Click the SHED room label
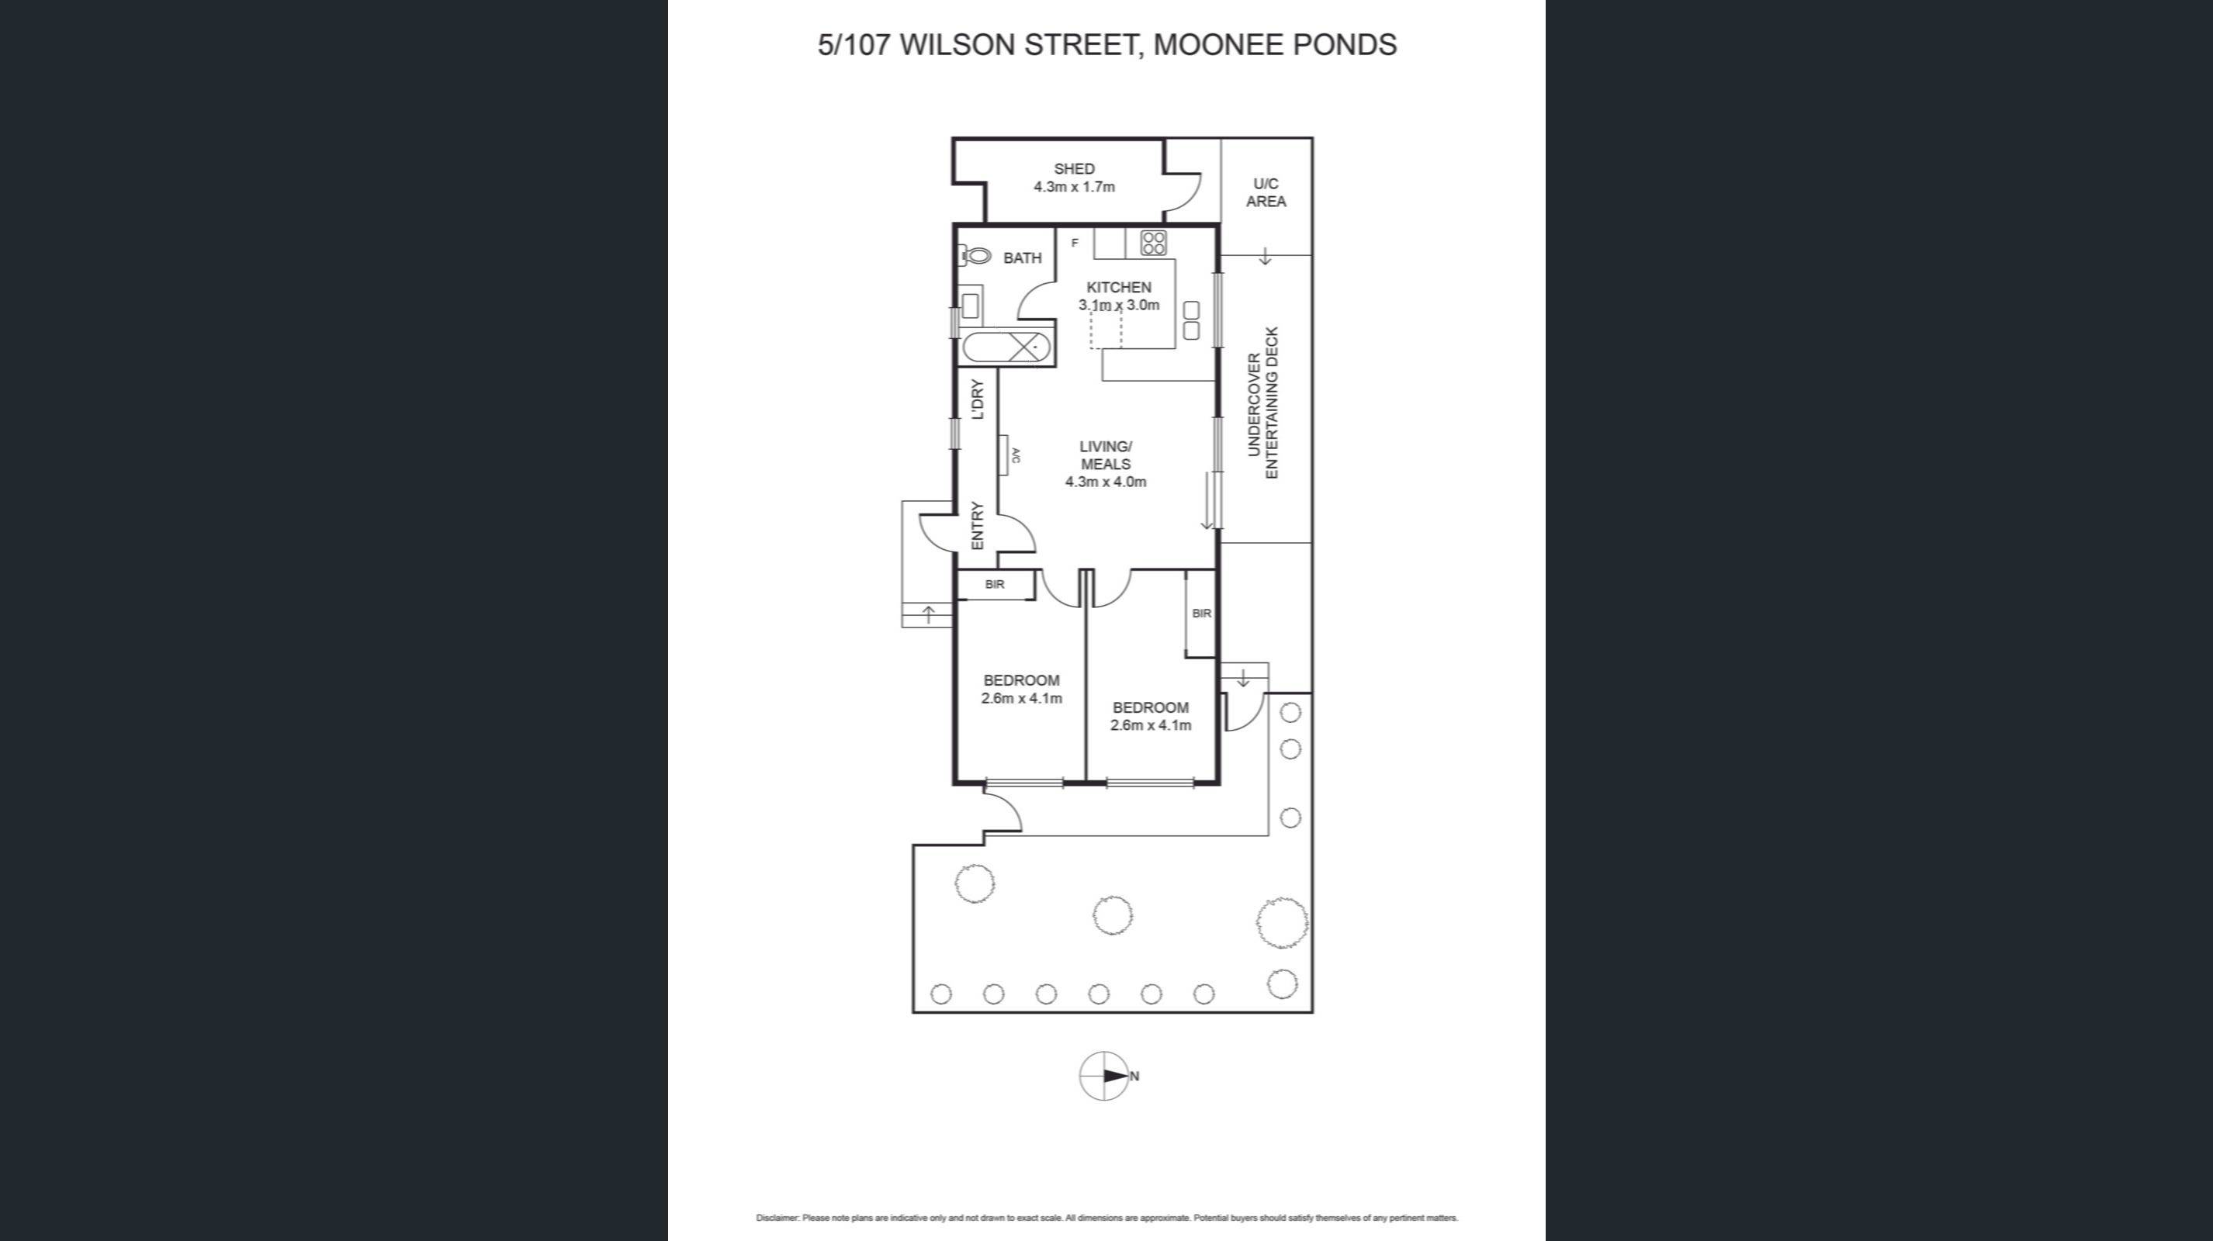coord(1074,169)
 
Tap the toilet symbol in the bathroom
coord(975,255)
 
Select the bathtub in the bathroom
coord(1005,347)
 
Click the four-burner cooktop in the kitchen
coord(1153,243)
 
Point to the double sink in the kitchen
coord(1190,320)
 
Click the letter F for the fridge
coord(1074,243)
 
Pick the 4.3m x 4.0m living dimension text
coord(1105,482)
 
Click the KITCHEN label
coord(1119,288)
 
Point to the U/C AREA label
coord(1266,192)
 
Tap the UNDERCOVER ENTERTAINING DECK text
coord(1263,403)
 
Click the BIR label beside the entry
coord(995,585)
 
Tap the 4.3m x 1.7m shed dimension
coord(1074,187)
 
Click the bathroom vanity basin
coord(970,304)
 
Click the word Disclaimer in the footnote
coord(777,1218)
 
